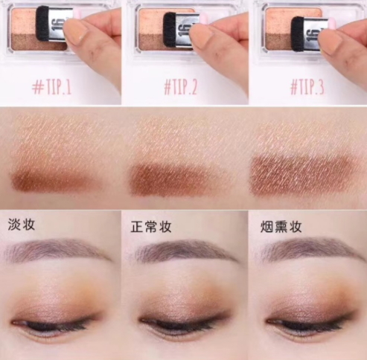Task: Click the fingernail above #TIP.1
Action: tap(75, 31)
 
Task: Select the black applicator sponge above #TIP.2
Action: tap(172, 30)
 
